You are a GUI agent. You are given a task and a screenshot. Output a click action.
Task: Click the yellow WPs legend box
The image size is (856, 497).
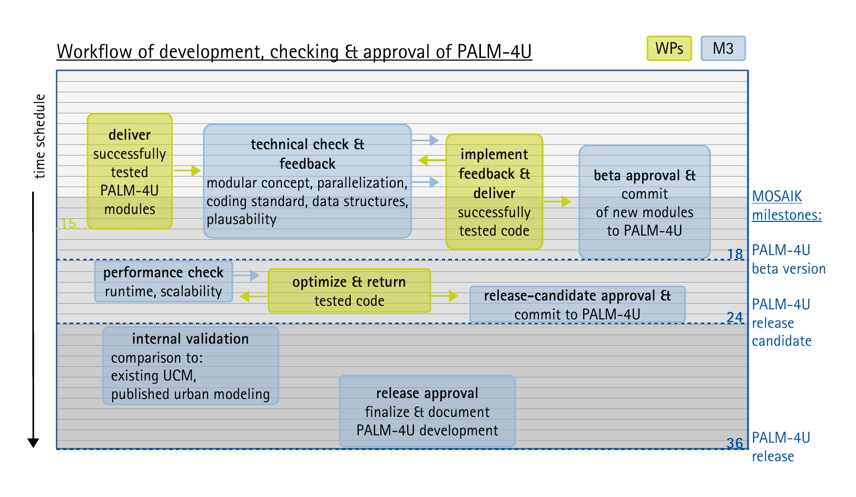[669, 48]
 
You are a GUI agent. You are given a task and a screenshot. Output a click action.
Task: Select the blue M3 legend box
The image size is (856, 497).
[723, 48]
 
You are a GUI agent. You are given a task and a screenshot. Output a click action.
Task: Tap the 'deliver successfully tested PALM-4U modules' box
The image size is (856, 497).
[130, 171]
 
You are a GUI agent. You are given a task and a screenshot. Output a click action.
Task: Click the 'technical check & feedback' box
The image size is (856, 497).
[307, 181]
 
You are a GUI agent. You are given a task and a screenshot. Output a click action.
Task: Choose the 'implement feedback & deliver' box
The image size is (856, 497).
[494, 192]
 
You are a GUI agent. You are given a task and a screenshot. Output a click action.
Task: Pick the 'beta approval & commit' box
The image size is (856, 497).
[645, 202]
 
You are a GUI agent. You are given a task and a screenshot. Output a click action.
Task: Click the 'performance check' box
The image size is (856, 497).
[163, 281]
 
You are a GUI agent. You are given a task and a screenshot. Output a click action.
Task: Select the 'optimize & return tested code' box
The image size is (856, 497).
[349, 290]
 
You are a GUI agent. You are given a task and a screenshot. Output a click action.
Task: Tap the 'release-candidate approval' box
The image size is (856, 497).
[577, 304]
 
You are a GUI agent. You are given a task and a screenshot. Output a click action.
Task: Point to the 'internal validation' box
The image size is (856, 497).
[191, 365]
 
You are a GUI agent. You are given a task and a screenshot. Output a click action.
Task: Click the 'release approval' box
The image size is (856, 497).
[427, 411]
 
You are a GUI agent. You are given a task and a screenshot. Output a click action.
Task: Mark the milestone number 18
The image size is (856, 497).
[734, 254]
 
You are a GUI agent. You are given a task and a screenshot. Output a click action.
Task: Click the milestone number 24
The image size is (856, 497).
[734, 317]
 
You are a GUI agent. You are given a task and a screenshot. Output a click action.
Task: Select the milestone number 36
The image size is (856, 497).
[734, 443]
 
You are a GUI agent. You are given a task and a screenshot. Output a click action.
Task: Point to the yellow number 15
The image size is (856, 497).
[69, 223]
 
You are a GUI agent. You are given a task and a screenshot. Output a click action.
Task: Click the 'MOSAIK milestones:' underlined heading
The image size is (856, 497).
[786, 206]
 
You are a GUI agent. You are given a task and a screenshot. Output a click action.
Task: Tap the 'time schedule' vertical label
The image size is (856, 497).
[40, 136]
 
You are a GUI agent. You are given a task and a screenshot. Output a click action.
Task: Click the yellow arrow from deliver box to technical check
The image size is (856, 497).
[187, 171]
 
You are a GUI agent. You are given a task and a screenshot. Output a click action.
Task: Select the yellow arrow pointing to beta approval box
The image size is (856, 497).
[557, 201]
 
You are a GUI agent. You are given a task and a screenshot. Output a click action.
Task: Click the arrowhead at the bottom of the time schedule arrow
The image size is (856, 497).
[33, 443]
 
